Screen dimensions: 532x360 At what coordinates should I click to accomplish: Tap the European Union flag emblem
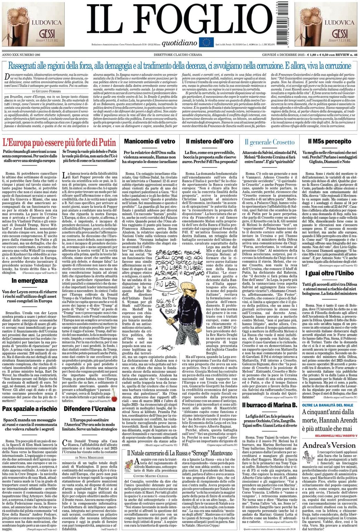(x=207, y=42)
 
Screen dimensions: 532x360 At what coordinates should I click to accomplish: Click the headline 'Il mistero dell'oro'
(x=209, y=141)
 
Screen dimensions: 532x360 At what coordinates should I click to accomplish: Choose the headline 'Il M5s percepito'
(x=330, y=141)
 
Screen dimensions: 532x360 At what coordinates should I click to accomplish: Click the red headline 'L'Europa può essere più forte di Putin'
(x=59, y=142)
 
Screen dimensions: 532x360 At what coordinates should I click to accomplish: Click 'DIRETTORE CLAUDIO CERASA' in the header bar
(x=180, y=55)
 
